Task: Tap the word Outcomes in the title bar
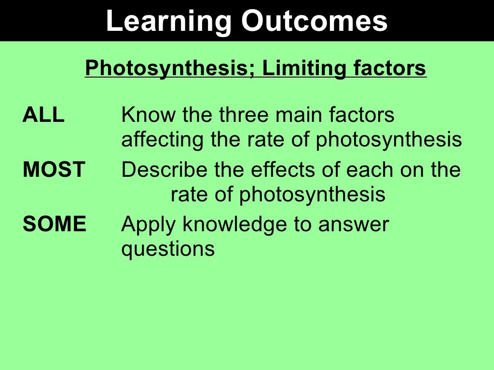coord(315,21)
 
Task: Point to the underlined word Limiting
coord(304,68)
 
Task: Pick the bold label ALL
coord(43,115)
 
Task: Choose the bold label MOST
coord(54,170)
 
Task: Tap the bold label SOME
coord(55,224)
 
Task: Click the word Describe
coord(164,170)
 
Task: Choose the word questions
coord(168,250)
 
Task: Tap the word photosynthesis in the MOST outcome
coord(312,194)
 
